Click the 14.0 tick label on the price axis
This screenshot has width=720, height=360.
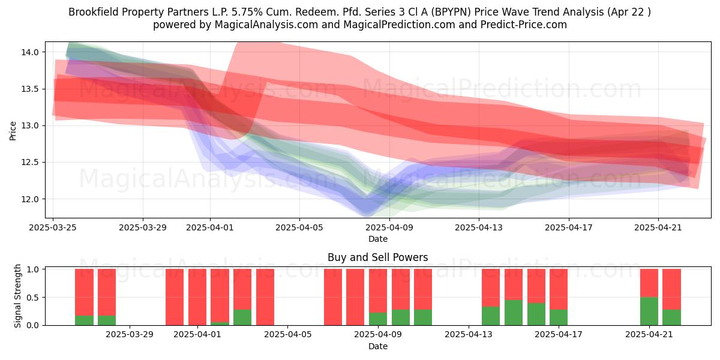(x=30, y=52)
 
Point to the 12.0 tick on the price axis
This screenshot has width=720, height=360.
(x=30, y=199)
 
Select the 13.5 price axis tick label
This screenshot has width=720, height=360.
(x=30, y=89)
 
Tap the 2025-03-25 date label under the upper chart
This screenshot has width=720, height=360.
(x=53, y=227)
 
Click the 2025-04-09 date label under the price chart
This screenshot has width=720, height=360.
(x=389, y=227)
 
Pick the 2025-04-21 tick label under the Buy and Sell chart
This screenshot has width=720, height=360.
(x=649, y=335)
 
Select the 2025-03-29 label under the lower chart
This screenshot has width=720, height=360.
(x=130, y=335)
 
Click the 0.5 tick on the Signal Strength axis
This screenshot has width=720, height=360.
(x=32, y=298)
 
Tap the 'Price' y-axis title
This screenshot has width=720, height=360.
(x=13, y=131)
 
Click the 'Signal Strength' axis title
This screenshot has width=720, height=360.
(x=17, y=296)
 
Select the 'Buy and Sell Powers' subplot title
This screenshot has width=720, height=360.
(x=377, y=257)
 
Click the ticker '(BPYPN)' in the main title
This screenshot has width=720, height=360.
(x=451, y=12)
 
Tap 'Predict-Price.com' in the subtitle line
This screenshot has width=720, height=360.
(x=524, y=25)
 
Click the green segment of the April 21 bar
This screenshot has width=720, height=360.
(x=649, y=311)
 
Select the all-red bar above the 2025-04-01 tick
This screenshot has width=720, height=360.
(x=197, y=297)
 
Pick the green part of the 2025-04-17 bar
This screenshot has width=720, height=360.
(x=559, y=317)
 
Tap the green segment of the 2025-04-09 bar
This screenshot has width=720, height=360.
(x=378, y=319)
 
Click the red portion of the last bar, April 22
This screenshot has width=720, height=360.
(x=672, y=289)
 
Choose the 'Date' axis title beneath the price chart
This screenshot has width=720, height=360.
(x=377, y=239)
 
